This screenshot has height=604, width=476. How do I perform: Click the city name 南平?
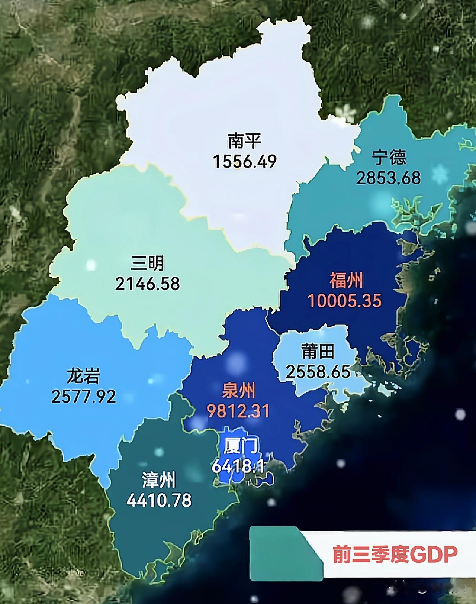[245, 141]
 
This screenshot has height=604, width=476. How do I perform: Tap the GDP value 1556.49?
[245, 161]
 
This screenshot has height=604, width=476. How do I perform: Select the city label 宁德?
[389, 157]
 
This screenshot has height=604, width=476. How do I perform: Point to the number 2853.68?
[389, 178]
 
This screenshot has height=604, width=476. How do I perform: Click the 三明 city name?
[147, 264]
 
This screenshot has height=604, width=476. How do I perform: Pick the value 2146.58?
[147, 284]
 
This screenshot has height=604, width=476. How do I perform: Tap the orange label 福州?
[346, 281]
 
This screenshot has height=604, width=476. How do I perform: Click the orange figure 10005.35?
[345, 301]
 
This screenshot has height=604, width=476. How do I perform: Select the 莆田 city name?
[318, 351]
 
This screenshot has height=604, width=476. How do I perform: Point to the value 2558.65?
[318, 371]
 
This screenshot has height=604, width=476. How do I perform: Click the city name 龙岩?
[83, 376]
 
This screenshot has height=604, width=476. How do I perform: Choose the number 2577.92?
[83, 396]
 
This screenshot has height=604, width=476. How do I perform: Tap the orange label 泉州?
[238, 391]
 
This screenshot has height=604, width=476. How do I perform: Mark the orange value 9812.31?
[238, 411]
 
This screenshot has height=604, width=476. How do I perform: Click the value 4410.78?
[159, 500]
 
